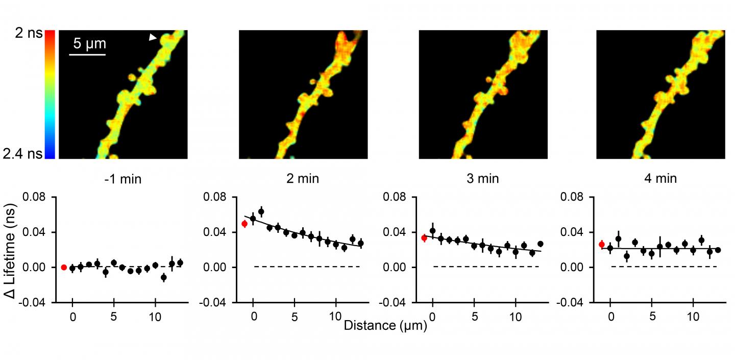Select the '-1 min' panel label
tap(120, 179)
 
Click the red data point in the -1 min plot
tap(64, 267)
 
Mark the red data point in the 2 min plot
tap(244, 224)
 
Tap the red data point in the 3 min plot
tap(424, 238)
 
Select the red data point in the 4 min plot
tap(602, 245)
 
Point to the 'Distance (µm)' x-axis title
tap(385, 325)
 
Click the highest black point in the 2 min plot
tap(261, 211)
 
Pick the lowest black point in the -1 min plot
tap(163, 277)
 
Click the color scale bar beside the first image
tap(50, 94)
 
